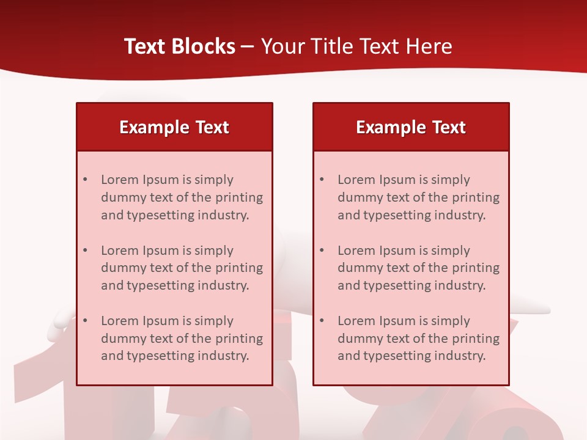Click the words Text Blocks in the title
point(180,46)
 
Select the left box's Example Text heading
point(174,127)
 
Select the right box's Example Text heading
point(411,127)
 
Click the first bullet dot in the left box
point(86,180)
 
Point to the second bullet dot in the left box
point(86,251)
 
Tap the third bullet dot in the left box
point(86,321)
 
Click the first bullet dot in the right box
point(322,180)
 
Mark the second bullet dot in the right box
point(322,251)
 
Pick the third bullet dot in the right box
point(322,321)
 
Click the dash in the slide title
point(248,47)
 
